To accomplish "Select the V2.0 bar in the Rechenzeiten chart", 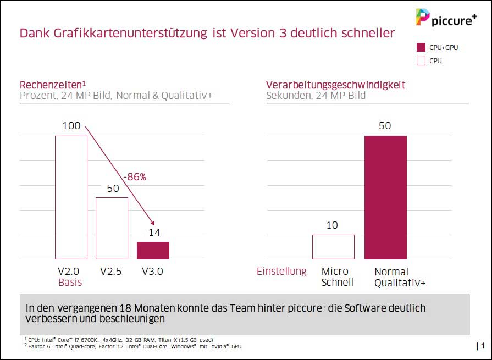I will [71, 197].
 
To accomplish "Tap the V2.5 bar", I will [112, 228].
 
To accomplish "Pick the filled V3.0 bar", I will [153, 250].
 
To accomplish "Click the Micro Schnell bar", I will [333, 247].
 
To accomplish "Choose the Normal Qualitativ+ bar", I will [385, 197].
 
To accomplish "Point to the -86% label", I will [134, 177].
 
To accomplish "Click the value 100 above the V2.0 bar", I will [71, 126].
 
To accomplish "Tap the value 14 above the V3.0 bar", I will [154, 232].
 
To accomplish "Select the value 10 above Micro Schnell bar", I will [331, 225].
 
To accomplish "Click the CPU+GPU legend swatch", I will [422, 48].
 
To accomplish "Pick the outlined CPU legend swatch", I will [422, 61].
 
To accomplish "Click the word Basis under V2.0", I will [70, 283].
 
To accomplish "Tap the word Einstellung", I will [281, 272].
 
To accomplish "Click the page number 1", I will [482, 346].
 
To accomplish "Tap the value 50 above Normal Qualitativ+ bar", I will [385, 126].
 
